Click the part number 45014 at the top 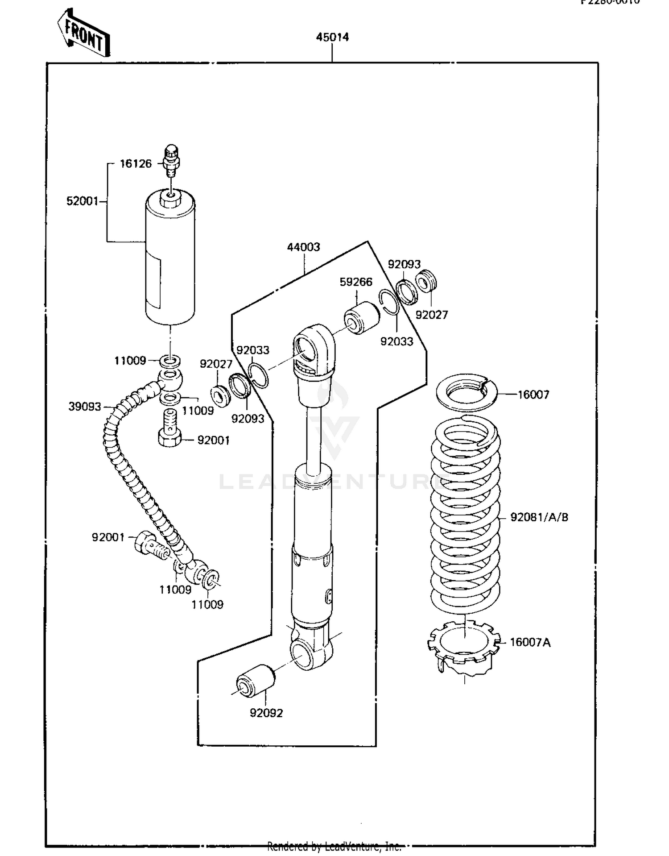tap(332, 37)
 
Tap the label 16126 tap(136, 164)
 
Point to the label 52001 tap(82, 201)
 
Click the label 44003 tap(303, 247)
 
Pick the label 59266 tap(356, 282)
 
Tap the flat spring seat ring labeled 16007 tap(466, 392)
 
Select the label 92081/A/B tap(539, 517)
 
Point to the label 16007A tap(530, 642)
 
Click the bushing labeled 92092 tap(256, 681)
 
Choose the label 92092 tap(266, 713)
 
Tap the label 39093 tap(85, 407)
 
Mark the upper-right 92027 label tap(431, 315)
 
